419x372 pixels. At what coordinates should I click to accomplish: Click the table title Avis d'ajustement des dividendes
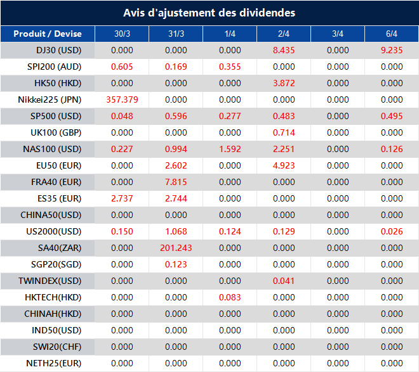point(209,13)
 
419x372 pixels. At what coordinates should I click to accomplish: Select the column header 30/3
point(122,34)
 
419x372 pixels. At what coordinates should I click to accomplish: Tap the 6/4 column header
point(392,34)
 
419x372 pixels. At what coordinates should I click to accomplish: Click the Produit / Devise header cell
point(48,34)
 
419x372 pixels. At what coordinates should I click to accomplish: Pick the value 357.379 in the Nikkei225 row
point(122,99)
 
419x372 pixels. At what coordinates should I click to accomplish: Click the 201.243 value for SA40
point(176,248)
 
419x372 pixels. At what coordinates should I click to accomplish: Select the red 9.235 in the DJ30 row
point(392,50)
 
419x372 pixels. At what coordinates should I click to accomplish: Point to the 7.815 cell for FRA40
point(176,182)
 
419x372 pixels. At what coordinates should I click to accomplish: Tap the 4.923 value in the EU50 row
point(284,165)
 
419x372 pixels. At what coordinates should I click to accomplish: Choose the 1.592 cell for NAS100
point(230,149)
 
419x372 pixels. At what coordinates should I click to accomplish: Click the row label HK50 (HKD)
point(60,83)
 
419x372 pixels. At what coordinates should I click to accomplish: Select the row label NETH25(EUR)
point(54,363)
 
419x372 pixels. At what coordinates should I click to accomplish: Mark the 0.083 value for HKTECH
point(230,297)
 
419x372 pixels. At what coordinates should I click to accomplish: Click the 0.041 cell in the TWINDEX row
point(284,281)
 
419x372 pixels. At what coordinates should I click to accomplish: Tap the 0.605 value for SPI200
point(122,67)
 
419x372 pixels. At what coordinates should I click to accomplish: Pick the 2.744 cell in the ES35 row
point(176,198)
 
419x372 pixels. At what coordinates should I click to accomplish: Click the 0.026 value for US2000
point(392,231)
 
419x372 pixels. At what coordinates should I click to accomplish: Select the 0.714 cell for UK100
point(284,132)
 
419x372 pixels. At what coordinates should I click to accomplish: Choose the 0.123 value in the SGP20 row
point(176,264)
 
